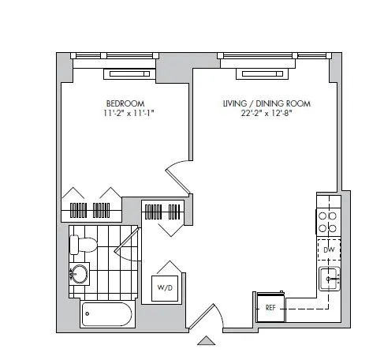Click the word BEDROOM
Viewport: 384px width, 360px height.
pyautogui.click(x=125, y=103)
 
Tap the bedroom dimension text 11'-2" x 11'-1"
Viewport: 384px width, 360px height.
pyautogui.click(x=125, y=114)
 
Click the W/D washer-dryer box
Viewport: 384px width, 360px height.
pyautogui.click(x=165, y=286)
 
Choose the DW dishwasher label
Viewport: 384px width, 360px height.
pyautogui.click(x=329, y=249)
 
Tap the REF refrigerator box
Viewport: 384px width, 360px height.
pyautogui.click(x=269, y=306)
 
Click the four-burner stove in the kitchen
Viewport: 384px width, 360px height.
pyautogui.click(x=329, y=220)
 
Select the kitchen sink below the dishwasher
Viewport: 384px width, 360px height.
pyautogui.click(x=330, y=278)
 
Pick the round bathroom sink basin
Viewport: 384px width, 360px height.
pyautogui.click(x=78, y=276)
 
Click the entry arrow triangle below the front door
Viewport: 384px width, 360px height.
pyautogui.click(x=206, y=340)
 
